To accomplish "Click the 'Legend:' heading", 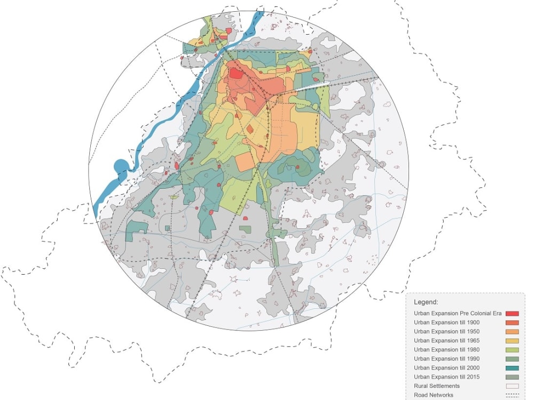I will (x=426, y=302).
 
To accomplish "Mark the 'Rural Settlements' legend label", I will (x=436, y=386).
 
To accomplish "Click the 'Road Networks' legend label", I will (x=433, y=395).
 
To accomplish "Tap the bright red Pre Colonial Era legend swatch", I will (x=512, y=314).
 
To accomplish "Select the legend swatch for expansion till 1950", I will (x=512, y=332).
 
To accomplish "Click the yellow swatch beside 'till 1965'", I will (x=512, y=341).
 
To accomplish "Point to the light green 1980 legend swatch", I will (x=512, y=350).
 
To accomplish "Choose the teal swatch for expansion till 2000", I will (x=512, y=368).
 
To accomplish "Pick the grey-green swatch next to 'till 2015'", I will (x=512, y=377).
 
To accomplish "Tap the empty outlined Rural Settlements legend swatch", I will (x=512, y=386).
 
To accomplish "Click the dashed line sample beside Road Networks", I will (x=512, y=395).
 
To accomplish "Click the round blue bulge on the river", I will (x=121, y=167).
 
